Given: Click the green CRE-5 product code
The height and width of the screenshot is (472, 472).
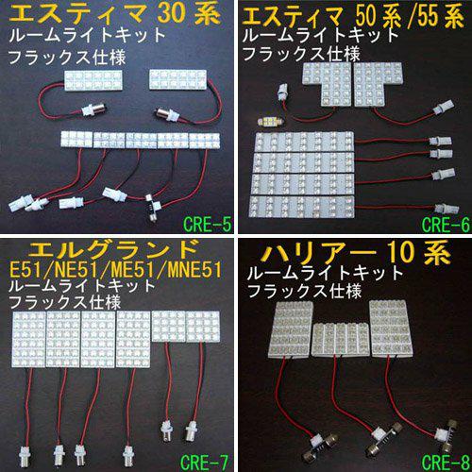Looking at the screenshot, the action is click(x=207, y=225).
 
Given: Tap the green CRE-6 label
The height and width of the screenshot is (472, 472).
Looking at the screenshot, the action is click(x=446, y=225).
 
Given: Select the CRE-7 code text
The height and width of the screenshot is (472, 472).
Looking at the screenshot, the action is click(x=204, y=462).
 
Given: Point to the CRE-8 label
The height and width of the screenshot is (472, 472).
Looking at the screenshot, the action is click(x=446, y=462).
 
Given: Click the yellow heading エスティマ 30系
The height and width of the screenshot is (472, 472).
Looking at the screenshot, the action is click(x=115, y=14).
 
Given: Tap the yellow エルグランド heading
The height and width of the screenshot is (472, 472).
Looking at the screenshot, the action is click(x=114, y=249).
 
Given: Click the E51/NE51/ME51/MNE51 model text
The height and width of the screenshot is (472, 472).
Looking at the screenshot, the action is click(x=115, y=270).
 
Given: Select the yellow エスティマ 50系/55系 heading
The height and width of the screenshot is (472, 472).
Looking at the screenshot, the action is click(x=352, y=16).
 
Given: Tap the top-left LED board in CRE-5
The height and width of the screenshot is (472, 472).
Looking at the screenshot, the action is click(x=93, y=81).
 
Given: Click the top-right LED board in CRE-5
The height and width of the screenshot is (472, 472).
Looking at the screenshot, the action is click(x=178, y=79).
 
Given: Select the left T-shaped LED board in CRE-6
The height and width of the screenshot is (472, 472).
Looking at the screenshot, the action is click(x=328, y=83).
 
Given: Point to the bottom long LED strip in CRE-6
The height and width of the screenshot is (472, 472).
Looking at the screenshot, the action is click(x=301, y=207).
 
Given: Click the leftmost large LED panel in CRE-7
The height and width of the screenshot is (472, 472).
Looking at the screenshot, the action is click(x=29, y=340).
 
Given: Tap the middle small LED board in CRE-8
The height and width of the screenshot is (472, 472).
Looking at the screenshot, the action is click(x=341, y=340).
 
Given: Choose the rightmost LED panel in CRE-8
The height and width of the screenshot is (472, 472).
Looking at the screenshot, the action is click(x=392, y=329).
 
